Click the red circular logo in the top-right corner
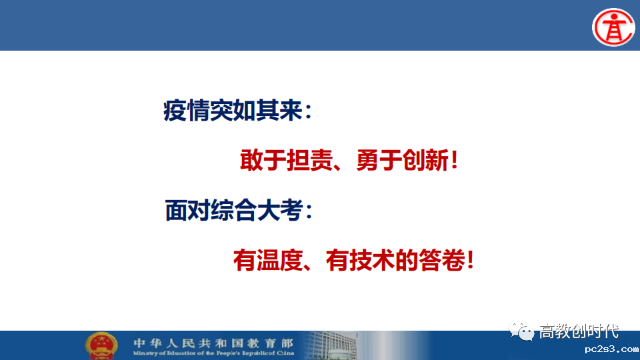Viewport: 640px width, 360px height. [613, 27]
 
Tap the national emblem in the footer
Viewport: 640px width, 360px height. [101, 346]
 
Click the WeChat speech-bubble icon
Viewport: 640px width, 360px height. [521, 331]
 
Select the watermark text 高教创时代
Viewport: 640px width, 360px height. [579, 331]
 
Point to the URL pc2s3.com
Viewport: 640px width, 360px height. [611, 349]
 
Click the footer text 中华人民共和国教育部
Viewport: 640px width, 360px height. [213, 343]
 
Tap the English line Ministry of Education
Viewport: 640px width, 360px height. [213, 353]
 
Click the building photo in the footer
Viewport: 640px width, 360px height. [331, 345]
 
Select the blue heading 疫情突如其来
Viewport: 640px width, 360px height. [233, 110]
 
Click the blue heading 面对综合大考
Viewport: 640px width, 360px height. [234, 210]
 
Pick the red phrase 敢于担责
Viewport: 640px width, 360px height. [286, 160]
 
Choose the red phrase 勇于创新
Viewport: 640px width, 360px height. [403, 160]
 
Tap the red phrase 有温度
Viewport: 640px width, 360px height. [268, 261]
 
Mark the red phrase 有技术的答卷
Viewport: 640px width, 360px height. [395, 261]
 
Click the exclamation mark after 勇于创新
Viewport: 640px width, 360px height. [454, 160]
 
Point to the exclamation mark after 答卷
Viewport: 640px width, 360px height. [470, 261]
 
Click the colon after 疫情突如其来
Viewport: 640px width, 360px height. [308, 111]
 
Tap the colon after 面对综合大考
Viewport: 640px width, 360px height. [309, 211]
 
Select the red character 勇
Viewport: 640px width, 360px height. [367, 160]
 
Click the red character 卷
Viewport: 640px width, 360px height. [454, 261]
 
